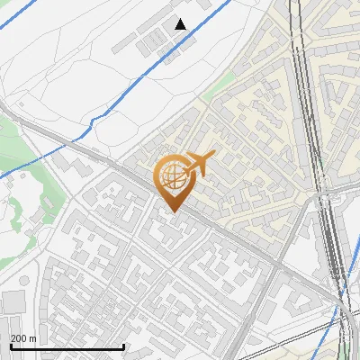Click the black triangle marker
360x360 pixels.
pos(181,24)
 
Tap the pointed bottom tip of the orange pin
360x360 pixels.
pos(174,211)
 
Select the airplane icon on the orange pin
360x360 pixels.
pos(195,165)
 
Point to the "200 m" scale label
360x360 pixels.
pos(23,338)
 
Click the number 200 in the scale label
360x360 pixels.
pos(19,338)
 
